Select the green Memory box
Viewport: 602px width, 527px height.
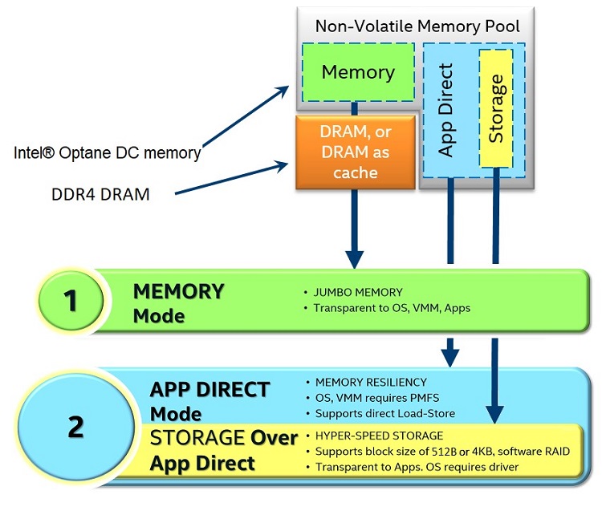pos(358,72)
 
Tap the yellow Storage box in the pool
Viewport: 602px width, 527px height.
pos(496,108)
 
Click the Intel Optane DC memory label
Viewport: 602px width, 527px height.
pos(107,153)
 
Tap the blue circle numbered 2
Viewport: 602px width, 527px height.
pos(75,426)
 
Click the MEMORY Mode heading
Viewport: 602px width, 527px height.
pos(178,302)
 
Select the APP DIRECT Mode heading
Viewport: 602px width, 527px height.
pos(209,401)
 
